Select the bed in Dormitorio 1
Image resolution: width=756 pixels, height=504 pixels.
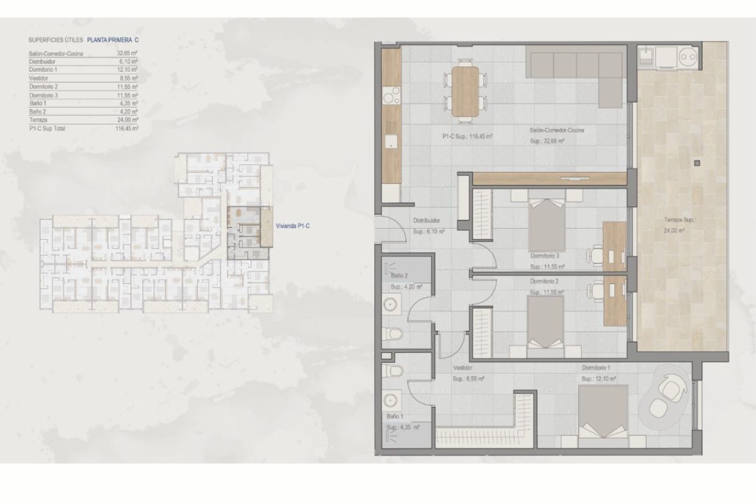[x=603, y=409]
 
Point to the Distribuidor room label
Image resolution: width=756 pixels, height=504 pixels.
[x=426, y=221]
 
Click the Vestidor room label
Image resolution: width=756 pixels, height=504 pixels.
[x=462, y=368]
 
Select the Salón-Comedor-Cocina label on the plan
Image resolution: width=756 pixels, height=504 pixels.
[x=556, y=130]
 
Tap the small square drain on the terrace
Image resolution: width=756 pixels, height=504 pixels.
[x=696, y=163]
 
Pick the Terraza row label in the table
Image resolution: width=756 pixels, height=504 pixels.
[x=38, y=119]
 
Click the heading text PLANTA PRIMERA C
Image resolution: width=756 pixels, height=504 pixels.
[x=112, y=40]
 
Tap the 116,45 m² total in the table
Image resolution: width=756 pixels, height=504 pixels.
[x=127, y=128]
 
